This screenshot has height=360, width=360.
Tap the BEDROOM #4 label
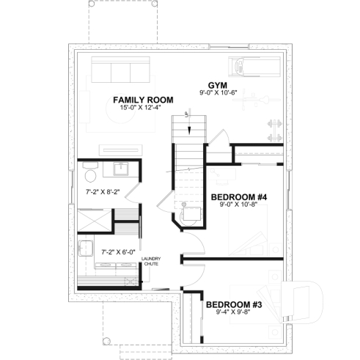click(x=240, y=196)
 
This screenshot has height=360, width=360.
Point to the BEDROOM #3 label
click(x=234, y=304)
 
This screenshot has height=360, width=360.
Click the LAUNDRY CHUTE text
click(x=151, y=262)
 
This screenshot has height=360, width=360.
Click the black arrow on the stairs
click(x=191, y=130)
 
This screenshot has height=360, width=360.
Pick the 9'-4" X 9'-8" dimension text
click(x=234, y=312)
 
